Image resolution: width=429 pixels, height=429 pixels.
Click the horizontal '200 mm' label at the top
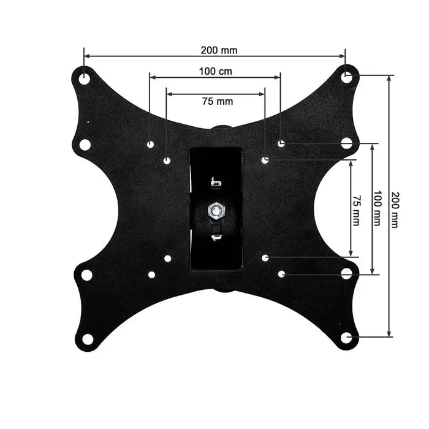(219, 50)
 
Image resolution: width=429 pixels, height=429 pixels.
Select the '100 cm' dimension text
(216, 72)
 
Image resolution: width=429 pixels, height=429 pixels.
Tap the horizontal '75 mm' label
(218, 101)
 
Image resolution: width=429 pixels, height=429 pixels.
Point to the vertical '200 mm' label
(395, 210)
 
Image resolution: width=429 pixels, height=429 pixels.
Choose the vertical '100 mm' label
(378, 208)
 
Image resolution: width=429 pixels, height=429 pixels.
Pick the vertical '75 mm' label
(356, 210)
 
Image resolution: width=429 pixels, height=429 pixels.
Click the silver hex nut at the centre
(216, 211)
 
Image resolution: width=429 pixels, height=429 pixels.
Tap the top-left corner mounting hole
(85, 79)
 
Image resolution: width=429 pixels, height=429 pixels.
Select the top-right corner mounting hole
(346, 77)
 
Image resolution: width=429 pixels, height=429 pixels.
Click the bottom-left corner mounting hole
(87, 340)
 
